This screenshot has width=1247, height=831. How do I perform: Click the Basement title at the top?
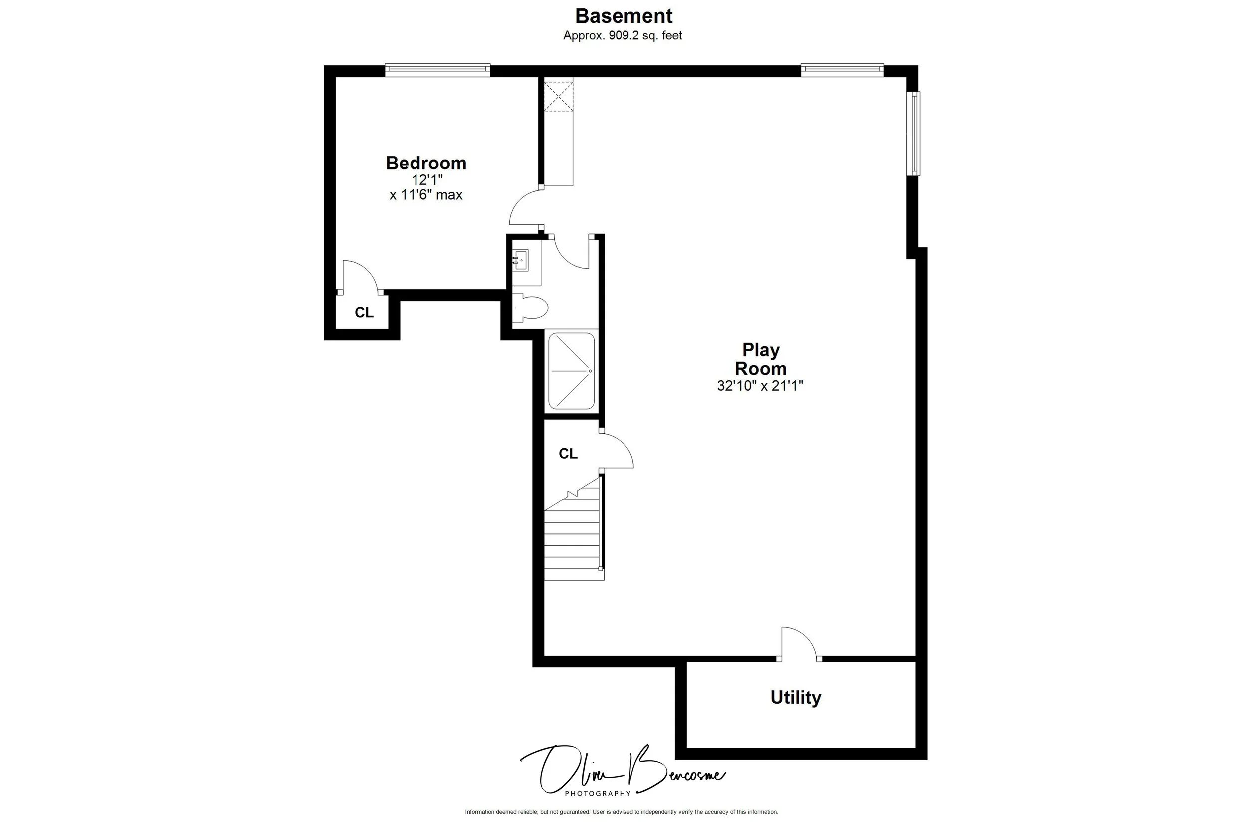click(x=623, y=16)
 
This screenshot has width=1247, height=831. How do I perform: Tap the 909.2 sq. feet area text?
click(x=623, y=35)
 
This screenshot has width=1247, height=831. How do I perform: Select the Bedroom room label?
click(x=426, y=163)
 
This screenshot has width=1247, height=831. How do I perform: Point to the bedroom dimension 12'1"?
click(x=427, y=180)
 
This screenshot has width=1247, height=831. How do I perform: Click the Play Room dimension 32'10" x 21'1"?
click(x=760, y=386)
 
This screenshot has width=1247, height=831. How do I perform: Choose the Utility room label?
click(x=795, y=697)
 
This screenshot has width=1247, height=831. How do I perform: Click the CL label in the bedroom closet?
click(x=364, y=313)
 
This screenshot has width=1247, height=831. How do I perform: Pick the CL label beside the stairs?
click(x=568, y=453)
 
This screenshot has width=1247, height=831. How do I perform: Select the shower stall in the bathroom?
click(x=571, y=371)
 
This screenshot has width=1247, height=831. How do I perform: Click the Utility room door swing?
click(x=799, y=643)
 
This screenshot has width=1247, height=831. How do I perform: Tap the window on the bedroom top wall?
click(x=437, y=70)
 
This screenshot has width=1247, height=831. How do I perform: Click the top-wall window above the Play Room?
click(x=842, y=70)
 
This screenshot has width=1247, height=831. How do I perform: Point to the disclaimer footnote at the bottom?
click(x=622, y=826)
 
